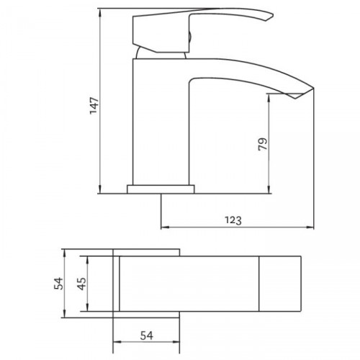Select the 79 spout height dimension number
click(263, 143)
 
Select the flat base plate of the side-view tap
click(161, 190)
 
